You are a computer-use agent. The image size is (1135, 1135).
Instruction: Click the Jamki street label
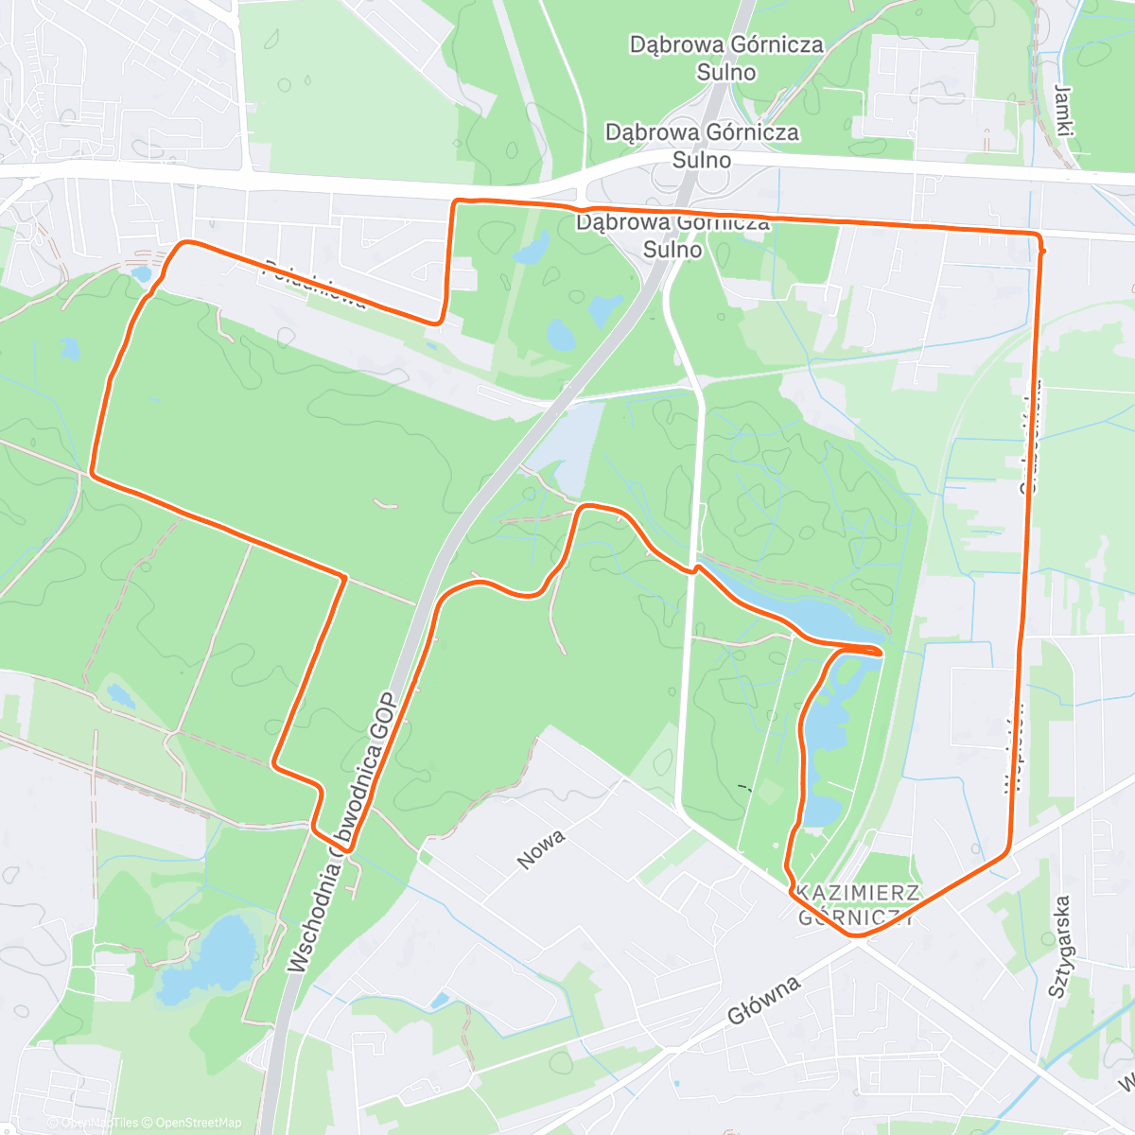(x=1064, y=112)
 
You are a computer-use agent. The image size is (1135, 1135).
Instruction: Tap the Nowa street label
(x=542, y=848)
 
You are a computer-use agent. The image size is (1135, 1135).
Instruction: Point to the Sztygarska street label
(x=1059, y=947)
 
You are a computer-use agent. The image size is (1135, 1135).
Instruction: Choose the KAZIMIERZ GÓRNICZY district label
(x=857, y=904)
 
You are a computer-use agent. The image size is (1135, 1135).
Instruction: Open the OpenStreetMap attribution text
(x=199, y=1123)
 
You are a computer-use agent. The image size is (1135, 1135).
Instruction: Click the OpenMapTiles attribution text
(x=99, y=1123)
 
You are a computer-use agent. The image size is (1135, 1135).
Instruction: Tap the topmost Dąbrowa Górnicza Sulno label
(x=726, y=58)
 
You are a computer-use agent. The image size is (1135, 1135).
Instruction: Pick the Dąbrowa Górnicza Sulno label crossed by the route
(x=672, y=236)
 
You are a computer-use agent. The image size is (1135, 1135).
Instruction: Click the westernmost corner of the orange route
(x=92, y=471)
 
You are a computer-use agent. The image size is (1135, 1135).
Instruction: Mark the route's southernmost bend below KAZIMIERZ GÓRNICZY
(x=856, y=935)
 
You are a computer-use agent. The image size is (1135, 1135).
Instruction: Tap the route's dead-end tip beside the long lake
(x=882, y=652)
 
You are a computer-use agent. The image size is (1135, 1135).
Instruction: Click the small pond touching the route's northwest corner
(x=142, y=274)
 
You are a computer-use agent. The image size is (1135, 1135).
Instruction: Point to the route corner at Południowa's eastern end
(x=439, y=322)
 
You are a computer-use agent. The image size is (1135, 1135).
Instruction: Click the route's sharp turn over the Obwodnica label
(x=348, y=849)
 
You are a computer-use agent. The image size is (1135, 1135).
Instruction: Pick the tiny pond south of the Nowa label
(x=439, y=1000)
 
